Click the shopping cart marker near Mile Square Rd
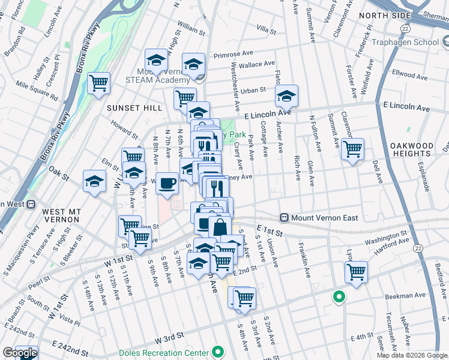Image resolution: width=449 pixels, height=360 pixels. tap(98, 83)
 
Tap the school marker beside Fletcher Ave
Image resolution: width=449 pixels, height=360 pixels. tap(287, 95)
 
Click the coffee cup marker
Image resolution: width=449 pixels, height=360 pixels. tap(167, 182)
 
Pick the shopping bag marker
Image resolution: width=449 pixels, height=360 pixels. tap(220, 227)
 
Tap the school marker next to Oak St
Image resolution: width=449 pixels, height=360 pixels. tap(94, 181)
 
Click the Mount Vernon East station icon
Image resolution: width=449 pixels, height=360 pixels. tap(285, 217)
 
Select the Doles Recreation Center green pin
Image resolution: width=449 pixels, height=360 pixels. tap(218, 352)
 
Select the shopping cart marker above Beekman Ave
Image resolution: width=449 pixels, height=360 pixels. tap(356, 271)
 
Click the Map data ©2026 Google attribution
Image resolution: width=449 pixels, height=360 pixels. tap(411, 355)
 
